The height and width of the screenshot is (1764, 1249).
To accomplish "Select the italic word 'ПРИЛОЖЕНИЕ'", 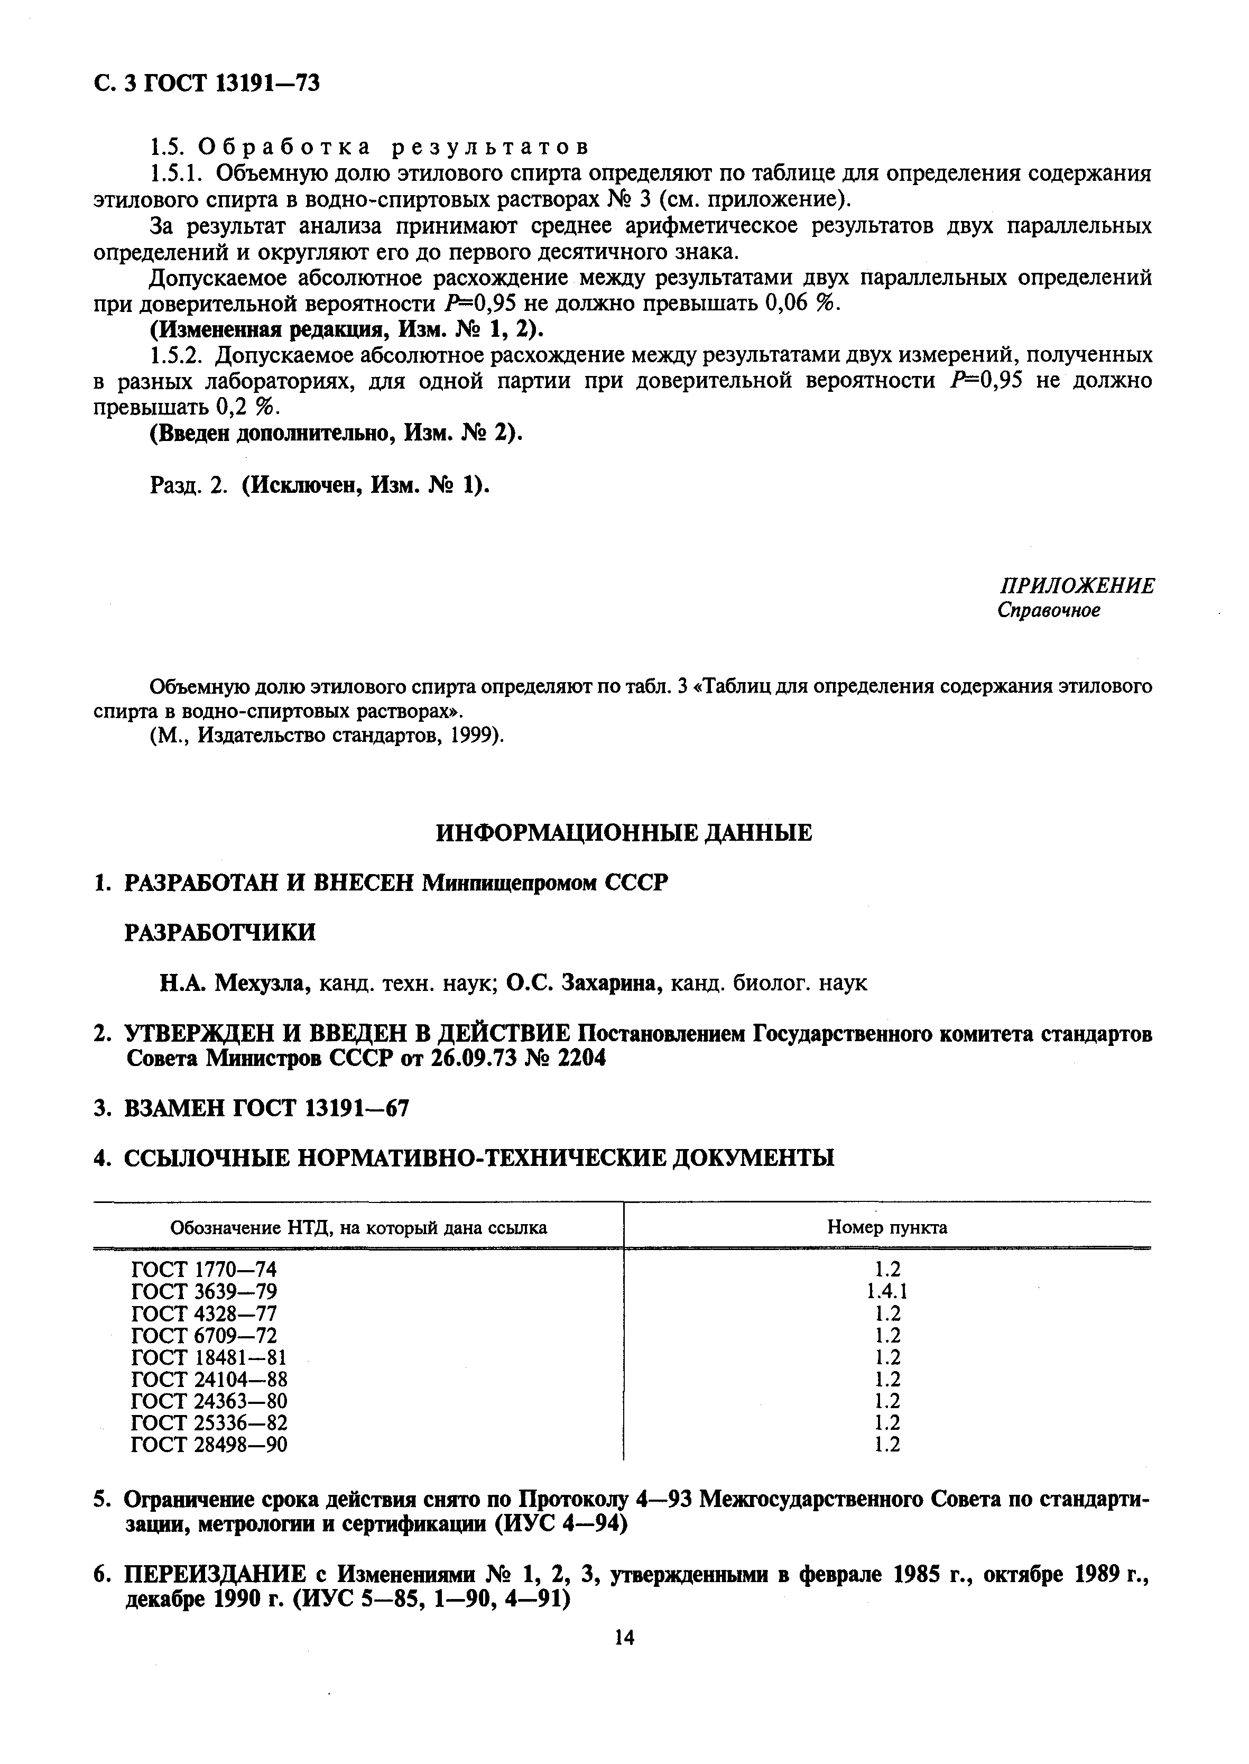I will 1076,586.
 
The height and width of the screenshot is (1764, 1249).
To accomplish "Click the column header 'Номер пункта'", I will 887,1227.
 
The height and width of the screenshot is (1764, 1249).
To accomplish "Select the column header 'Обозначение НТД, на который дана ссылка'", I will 358,1228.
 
